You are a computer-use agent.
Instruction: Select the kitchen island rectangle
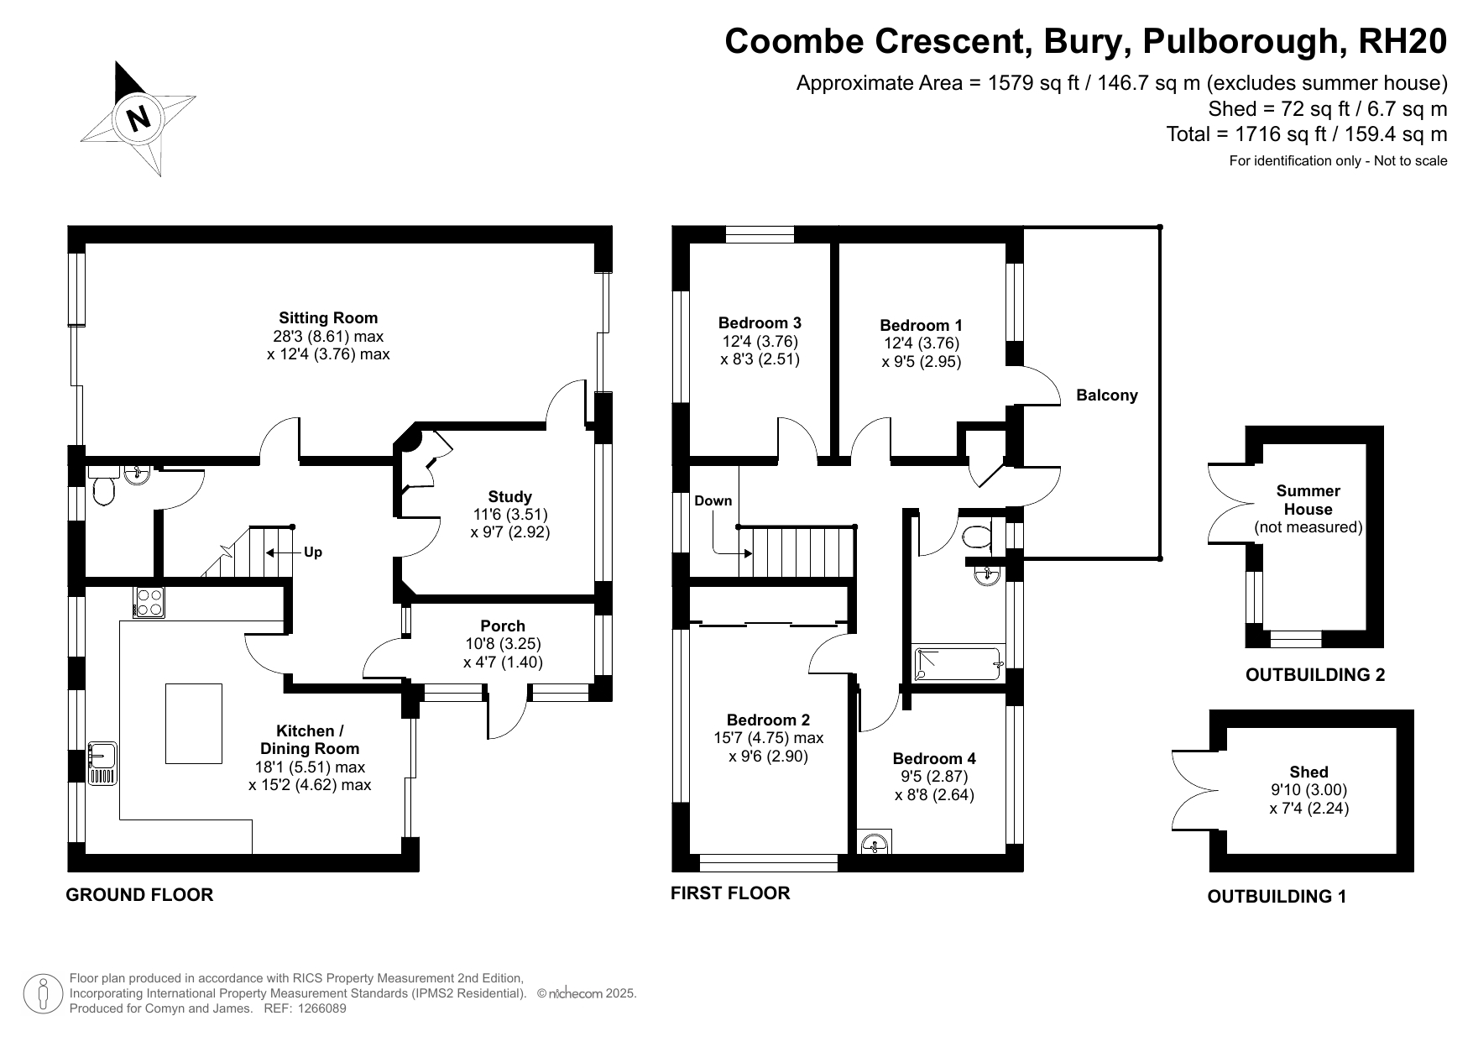(194, 724)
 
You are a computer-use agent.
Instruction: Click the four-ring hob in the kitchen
(149, 601)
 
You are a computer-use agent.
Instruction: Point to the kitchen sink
(102, 763)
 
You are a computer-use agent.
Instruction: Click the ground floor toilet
(103, 491)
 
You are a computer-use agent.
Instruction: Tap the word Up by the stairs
(313, 552)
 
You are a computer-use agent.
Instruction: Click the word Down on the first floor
(713, 501)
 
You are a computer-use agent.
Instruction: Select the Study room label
(509, 497)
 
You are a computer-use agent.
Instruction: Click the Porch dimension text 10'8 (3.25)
(503, 644)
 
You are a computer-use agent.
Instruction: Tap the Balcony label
(1107, 395)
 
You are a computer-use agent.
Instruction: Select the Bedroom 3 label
(760, 323)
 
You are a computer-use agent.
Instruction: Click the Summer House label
(1308, 500)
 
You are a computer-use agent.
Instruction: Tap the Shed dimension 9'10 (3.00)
(1308, 790)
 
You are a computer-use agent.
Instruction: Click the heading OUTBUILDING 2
(1315, 675)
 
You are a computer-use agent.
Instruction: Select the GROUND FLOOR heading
(139, 895)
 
